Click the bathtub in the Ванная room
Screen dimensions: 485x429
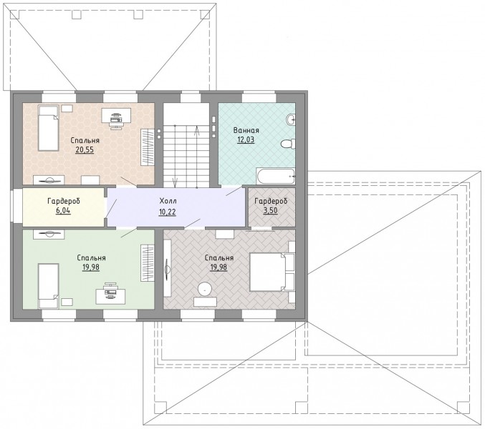[275, 176]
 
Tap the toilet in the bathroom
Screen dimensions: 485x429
[288, 144]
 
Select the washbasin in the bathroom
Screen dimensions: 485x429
[291, 119]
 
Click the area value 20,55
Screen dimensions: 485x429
[85, 150]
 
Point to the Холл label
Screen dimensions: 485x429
[168, 201]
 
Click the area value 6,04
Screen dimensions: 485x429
[63, 211]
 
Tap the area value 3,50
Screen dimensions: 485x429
[270, 211]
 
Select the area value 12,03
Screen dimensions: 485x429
[246, 139]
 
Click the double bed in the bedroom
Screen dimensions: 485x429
[272, 272]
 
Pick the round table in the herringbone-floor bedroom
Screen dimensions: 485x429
[205, 289]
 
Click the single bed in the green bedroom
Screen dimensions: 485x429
[48, 285]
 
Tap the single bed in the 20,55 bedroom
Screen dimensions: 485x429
[48, 128]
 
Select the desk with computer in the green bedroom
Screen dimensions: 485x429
[110, 293]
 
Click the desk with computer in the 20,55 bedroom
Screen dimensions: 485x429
[116, 117]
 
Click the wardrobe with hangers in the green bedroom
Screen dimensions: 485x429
[148, 263]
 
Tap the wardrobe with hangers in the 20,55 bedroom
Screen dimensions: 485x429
[148, 147]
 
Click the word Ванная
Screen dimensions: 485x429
[246, 130]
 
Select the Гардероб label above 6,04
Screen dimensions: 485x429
[64, 201]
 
